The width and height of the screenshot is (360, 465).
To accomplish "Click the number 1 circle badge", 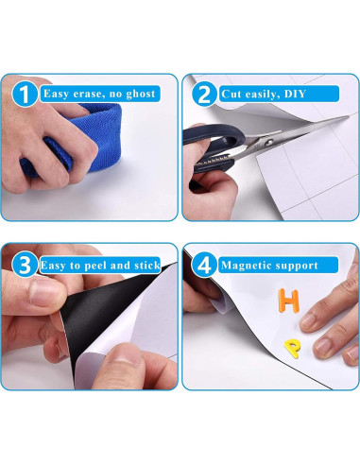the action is (x=25, y=94).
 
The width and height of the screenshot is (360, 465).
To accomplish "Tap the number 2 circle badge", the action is (x=204, y=94).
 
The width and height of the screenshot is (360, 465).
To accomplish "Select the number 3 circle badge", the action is (x=25, y=265).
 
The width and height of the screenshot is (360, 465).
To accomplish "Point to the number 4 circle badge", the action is (x=204, y=265).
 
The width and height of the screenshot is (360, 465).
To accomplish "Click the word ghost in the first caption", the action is (x=141, y=95).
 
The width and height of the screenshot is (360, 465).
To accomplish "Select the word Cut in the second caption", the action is (x=231, y=94).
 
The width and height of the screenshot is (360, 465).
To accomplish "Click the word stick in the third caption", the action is (x=147, y=266).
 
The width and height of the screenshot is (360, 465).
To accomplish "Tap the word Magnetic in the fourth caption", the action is (x=243, y=266).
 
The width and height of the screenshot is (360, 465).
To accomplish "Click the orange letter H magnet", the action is (x=288, y=301).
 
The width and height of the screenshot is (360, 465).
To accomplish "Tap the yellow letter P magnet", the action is (x=292, y=348).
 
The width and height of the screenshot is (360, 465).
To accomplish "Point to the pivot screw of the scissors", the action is (x=268, y=142).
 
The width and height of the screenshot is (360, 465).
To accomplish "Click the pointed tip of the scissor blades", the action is (x=348, y=116).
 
